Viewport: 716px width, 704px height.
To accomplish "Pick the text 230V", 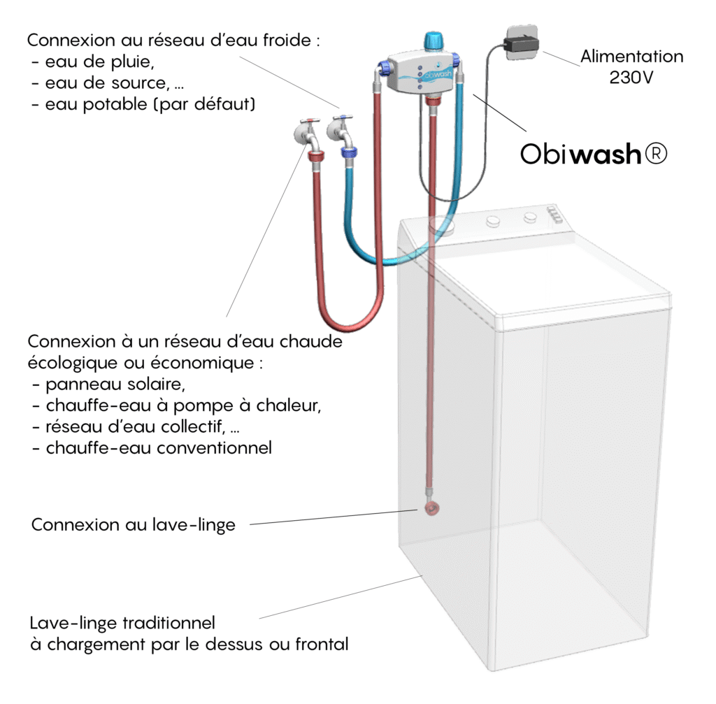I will point(632,78).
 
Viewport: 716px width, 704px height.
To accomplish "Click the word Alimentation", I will point(632,57).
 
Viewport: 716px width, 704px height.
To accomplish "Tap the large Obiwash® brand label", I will point(594,155).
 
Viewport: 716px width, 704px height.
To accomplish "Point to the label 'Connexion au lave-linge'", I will point(133,525).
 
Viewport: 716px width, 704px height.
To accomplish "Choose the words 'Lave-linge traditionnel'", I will point(122,622).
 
